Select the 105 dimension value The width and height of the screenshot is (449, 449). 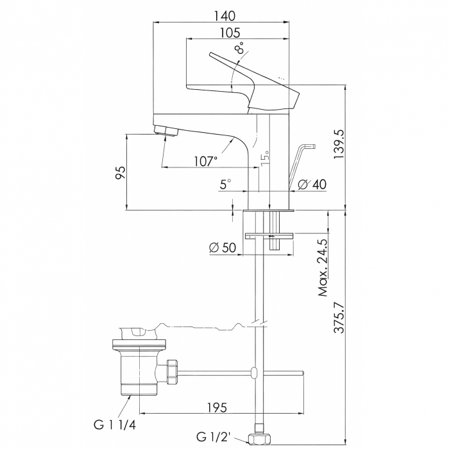(230, 33)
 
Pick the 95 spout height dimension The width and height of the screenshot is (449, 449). (120, 172)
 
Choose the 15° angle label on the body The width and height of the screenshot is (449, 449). (264, 157)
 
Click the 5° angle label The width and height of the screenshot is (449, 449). (225, 184)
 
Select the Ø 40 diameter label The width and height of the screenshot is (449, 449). (313, 185)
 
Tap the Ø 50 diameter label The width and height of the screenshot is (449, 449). (223, 247)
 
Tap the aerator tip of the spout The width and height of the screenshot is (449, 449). (168, 132)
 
